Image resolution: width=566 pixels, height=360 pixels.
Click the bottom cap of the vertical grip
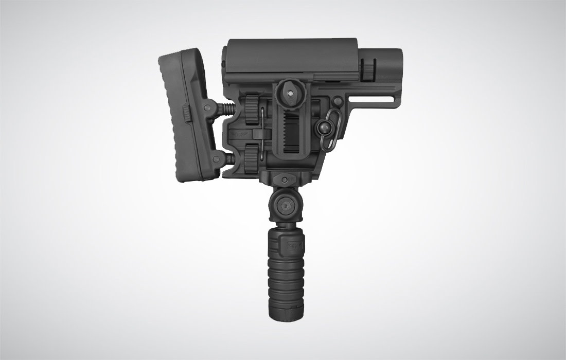click(x=281, y=311)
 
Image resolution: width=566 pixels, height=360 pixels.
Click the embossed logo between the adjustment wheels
click(x=239, y=132)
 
